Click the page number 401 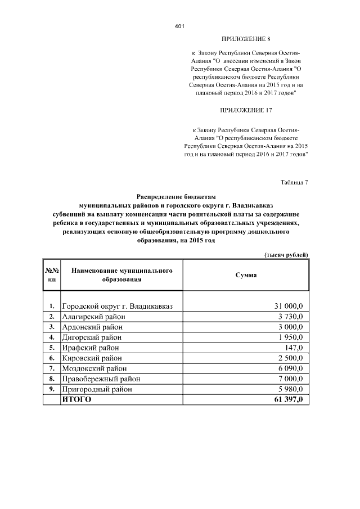180,26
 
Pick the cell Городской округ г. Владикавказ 117,306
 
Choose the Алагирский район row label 93,317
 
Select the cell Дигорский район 91,337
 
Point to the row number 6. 52,358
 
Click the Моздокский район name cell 94,368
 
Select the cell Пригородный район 97,389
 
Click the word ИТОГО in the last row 76,400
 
